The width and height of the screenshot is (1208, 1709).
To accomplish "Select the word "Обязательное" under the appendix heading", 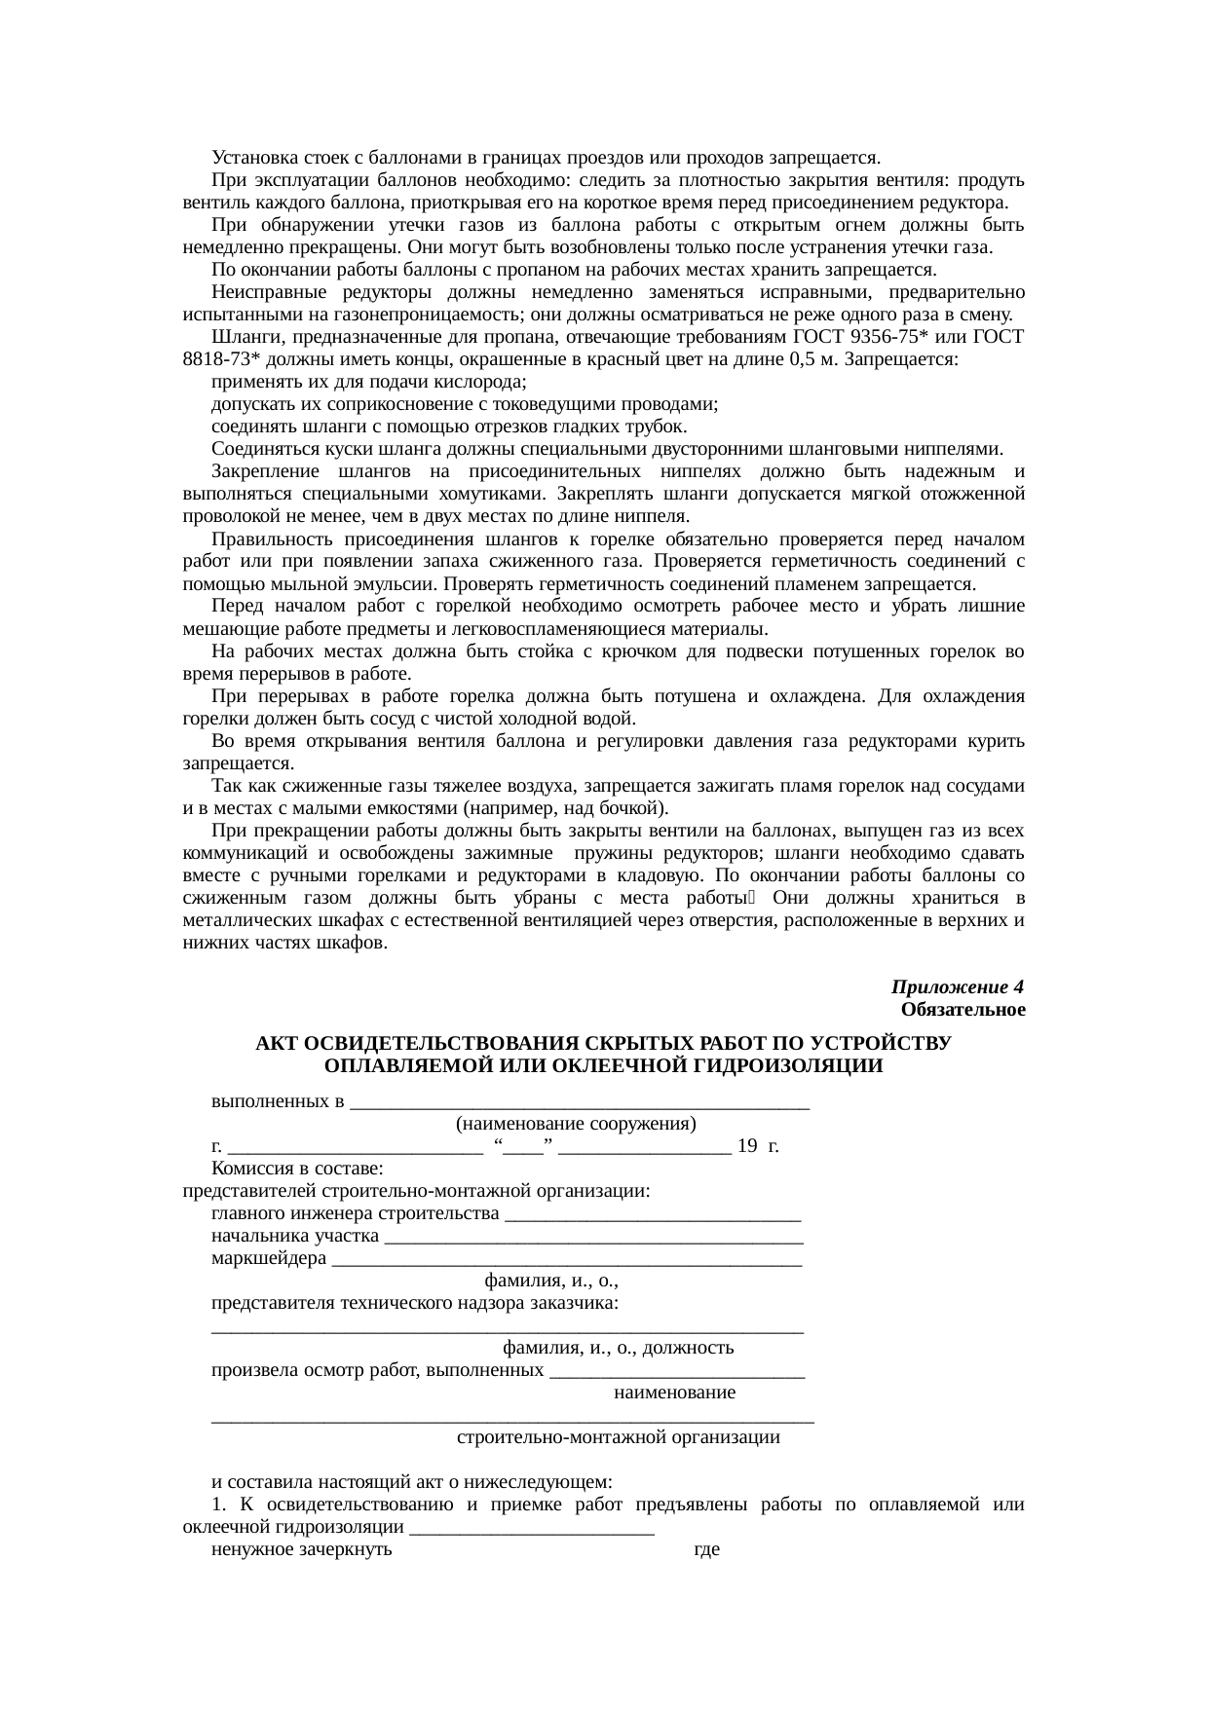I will click(963, 1010).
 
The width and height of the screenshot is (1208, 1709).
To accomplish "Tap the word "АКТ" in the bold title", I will click(277, 1044).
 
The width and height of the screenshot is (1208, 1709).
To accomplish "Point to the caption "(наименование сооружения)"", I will click(576, 1125).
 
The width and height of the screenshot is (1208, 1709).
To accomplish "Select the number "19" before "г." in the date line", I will click(748, 1147).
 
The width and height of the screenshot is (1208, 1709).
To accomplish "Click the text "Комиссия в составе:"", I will click(297, 1170).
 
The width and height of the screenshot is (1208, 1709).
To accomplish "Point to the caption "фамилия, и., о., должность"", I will click(618, 1349).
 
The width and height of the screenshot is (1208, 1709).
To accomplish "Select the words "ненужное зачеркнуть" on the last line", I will click(302, 1549).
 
